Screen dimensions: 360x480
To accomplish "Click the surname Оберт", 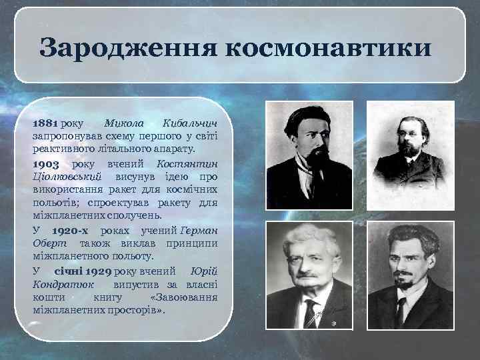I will [x=47, y=243].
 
